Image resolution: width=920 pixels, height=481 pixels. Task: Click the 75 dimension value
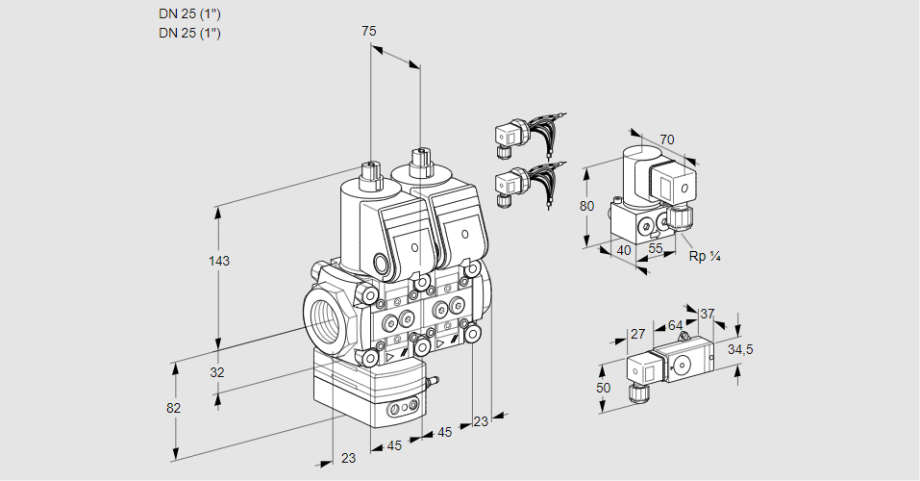pos(368,32)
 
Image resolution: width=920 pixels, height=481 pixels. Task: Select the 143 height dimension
pos(220,261)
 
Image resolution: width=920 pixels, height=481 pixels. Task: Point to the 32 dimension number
pos(216,372)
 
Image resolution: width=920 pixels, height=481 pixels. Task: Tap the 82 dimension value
pos(173,408)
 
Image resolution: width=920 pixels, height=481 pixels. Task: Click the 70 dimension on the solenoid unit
pos(667,139)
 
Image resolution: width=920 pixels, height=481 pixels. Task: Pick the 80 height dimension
pos(586,205)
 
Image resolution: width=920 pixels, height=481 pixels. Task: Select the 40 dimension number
pos(623,250)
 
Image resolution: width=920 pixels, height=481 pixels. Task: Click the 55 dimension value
pos(657,248)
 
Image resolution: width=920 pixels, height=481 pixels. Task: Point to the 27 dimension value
pos(636,334)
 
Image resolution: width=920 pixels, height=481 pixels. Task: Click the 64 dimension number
pos(675,325)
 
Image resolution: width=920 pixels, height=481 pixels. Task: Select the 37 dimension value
pos(707,314)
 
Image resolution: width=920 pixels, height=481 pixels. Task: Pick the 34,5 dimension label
pos(739,349)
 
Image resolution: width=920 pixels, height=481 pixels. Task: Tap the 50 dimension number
pos(603,388)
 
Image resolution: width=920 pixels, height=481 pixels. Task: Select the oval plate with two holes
pos(402,410)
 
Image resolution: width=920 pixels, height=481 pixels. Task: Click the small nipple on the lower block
pos(432,382)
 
